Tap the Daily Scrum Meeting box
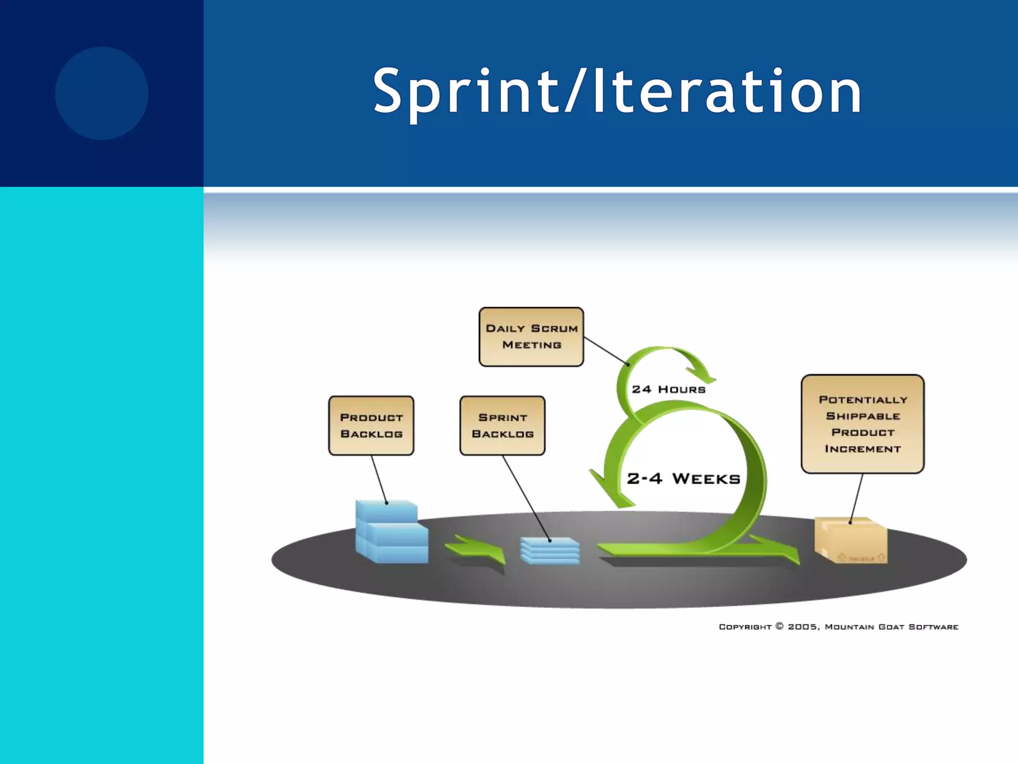tap(531, 337)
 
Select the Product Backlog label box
tap(371, 425)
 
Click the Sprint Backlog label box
tap(502, 425)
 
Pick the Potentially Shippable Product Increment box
tap(862, 424)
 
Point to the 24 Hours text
tap(669, 389)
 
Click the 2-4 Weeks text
tap(683, 478)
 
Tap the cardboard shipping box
tap(850, 541)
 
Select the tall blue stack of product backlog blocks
tap(391, 532)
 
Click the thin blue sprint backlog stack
tap(550, 551)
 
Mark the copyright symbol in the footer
tap(779, 626)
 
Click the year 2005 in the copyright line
tap(802, 627)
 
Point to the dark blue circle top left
tap(101, 93)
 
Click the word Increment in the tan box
tap(862, 449)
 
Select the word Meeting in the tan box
tap(531, 345)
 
